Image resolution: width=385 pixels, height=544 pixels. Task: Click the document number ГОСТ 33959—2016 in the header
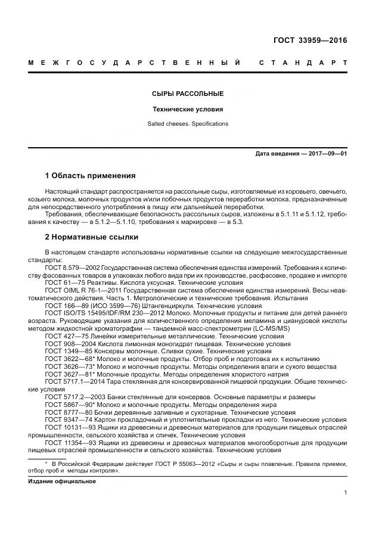(310, 41)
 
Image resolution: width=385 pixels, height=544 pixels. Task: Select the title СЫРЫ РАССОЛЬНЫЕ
(188, 94)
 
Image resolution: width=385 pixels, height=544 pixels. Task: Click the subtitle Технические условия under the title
(188, 110)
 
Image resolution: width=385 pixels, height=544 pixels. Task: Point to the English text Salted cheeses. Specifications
(188, 124)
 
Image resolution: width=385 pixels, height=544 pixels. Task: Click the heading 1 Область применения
(91, 176)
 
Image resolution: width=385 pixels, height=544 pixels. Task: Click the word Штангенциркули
(154, 306)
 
